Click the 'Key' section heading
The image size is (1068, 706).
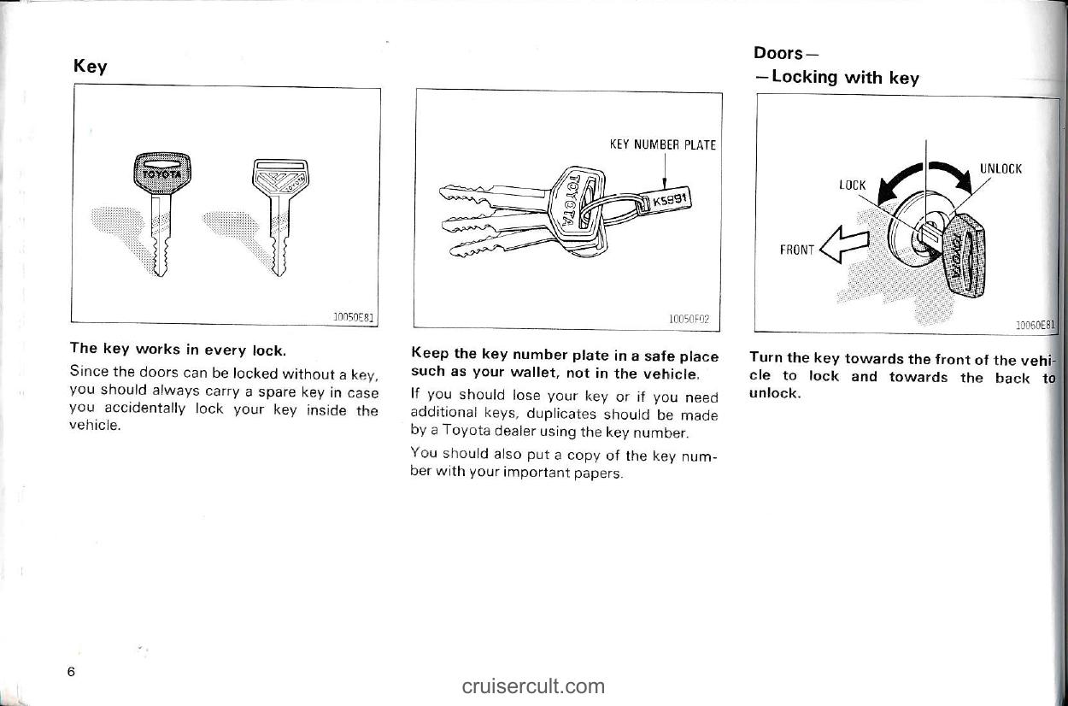(x=90, y=67)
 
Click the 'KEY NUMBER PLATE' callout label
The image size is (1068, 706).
(x=662, y=144)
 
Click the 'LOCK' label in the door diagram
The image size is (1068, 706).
(x=853, y=185)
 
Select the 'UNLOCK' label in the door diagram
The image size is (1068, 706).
(x=1001, y=168)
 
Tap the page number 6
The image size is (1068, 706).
(x=73, y=671)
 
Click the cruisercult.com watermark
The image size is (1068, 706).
(x=533, y=685)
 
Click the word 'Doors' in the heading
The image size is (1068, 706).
(x=778, y=53)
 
